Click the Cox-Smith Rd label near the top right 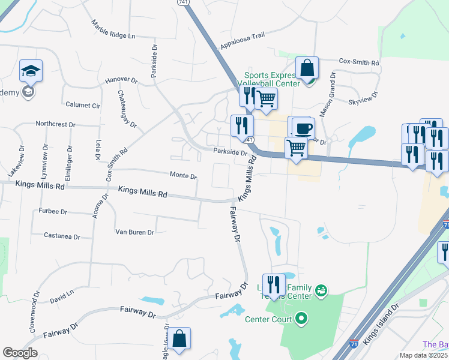pos(359,62)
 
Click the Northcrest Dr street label pos(55,124)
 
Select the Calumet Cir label pos(83,105)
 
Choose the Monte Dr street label pos(183,176)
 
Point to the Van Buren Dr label pos(134,232)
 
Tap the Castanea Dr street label pos(62,236)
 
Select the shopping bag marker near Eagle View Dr pos(179,339)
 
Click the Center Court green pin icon pos(301,318)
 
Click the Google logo pos(20,353)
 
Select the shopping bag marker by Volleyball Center pos(307,68)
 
